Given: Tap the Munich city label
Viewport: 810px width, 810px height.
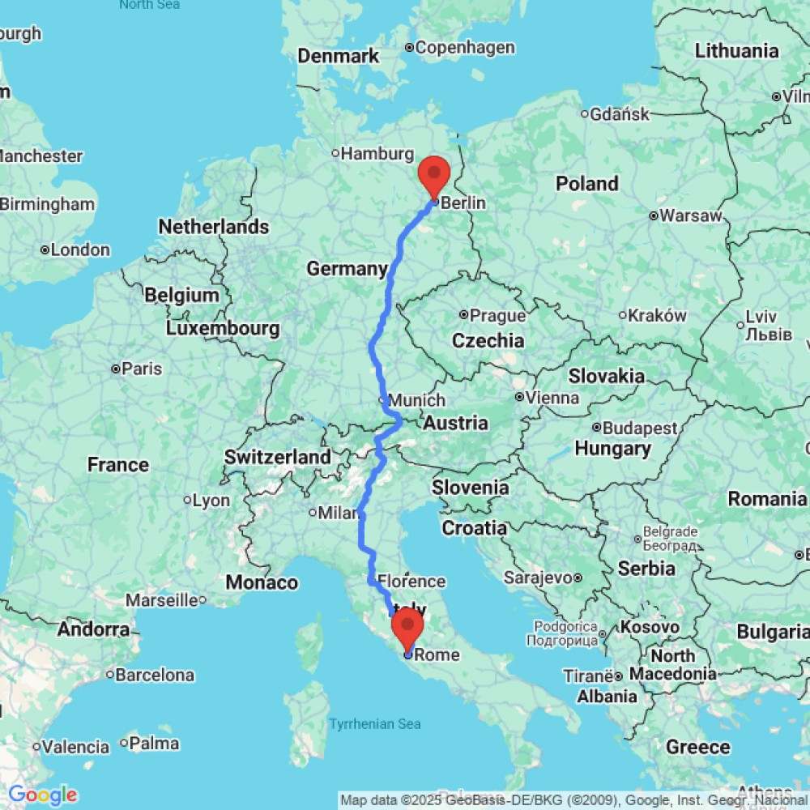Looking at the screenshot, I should coord(416,400).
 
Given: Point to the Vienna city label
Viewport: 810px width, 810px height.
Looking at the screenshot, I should coord(552,398).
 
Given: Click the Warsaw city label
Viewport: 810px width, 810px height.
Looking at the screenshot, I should coord(690,216).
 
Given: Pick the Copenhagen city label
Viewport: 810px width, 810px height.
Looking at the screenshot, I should coord(464,48).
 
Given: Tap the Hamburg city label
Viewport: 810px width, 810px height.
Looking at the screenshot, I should coord(377,154).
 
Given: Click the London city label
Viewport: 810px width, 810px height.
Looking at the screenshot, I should coord(80,250).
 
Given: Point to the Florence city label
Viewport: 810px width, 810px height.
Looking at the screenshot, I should coord(411,581).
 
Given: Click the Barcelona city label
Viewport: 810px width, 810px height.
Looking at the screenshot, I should coord(155,675).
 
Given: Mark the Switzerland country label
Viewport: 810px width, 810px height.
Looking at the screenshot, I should coord(278,457).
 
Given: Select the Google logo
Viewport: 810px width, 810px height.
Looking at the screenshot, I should coord(42,795).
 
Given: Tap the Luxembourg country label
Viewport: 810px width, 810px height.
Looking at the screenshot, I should coord(223,329).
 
